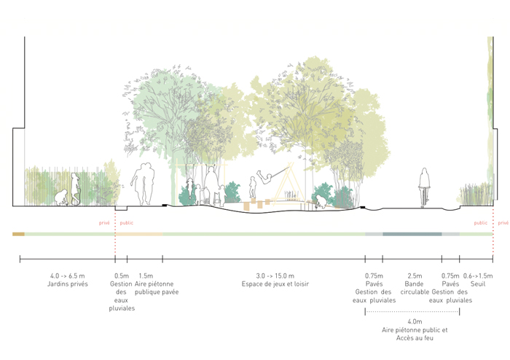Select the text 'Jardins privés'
[x=67, y=283]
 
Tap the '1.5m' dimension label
[x=145, y=275]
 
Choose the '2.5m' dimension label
[x=414, y=275]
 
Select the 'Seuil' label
[x=477, y=283]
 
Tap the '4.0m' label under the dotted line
[x=414, y=321]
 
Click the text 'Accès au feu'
[x=414, y=338]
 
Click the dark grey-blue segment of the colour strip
[x=412, y=234]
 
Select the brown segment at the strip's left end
[x=18, y=234]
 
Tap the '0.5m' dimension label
[x=122, y=275]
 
